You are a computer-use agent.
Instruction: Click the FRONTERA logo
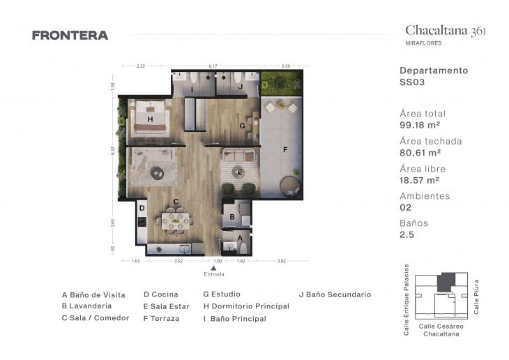click(x=70, y=35)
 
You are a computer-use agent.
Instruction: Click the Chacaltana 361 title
click(x=446, y=30)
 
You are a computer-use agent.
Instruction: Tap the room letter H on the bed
click(x=150, y=119)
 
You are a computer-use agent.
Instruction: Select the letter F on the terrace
click(x=284, y=149)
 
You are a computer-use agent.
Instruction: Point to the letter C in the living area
click(x=176, y=202)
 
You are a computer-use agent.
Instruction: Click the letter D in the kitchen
click(x=142, y=207)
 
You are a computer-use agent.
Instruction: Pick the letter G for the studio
click(x=242, y=126)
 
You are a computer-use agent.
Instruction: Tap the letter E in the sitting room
click(x=239, y=171)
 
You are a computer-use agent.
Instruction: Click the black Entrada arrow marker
click(x=214, y=268)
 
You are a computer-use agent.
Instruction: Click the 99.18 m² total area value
click(x=420, y=125)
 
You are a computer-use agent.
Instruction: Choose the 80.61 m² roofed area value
click(x=420, y=152)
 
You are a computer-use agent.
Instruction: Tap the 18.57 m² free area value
click(x=419, y=180)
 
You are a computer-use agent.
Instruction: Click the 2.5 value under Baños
click(x=406, y=234)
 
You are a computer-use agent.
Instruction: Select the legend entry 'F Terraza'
click(x=161, y=318)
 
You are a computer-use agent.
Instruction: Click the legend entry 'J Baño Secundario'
click(x=335, y=294)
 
